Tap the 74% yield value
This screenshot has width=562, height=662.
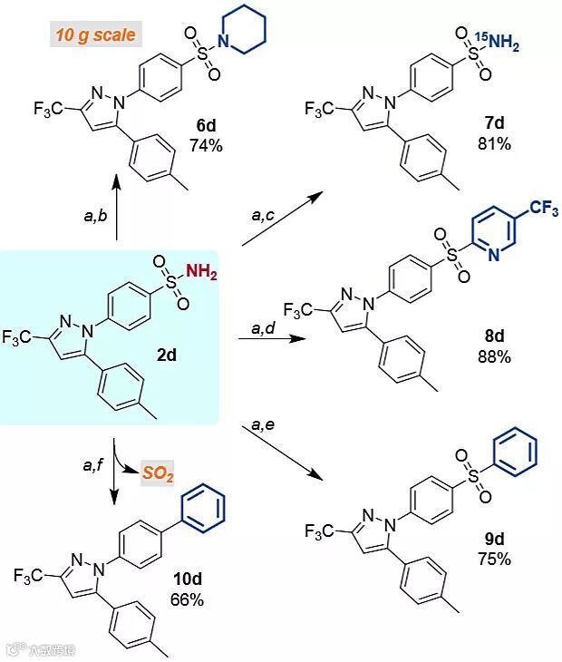tap(206, 145)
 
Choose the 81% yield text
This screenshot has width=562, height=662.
tap(494, 143)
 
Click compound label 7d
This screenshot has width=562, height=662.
tap(494, 124)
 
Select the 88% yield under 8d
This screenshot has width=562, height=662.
tap(494, 356)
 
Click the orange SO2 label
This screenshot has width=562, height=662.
tap(158, 472)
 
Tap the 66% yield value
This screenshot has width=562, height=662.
tap(187, 599)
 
